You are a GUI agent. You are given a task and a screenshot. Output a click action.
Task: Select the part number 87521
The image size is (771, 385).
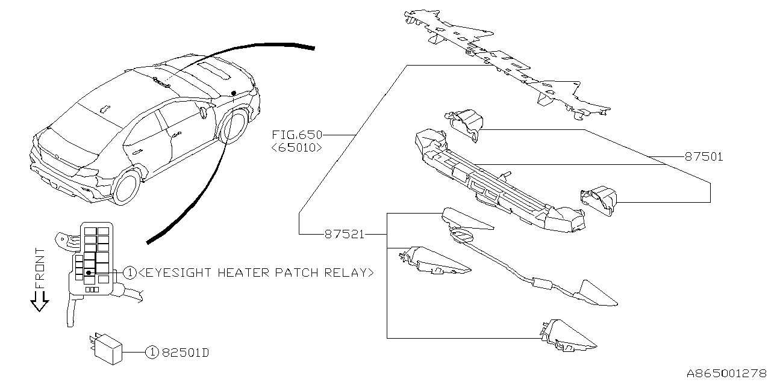click(345, 234)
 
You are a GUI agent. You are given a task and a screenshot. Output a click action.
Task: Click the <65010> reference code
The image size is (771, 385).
click(297, 147)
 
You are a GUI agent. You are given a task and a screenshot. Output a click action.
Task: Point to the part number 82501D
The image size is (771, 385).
click(185, 353)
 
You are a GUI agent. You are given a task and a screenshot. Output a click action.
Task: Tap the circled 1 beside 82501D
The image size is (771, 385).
click(152, 353)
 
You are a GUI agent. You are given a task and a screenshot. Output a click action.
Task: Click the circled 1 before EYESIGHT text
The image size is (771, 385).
click(130, 273)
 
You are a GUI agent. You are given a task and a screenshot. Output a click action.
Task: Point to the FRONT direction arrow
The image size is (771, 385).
click(40, 300)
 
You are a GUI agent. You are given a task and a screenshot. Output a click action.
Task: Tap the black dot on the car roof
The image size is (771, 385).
click(234, 93)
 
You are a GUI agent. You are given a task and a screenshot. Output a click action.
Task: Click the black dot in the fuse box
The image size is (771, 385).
click(89, 273)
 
